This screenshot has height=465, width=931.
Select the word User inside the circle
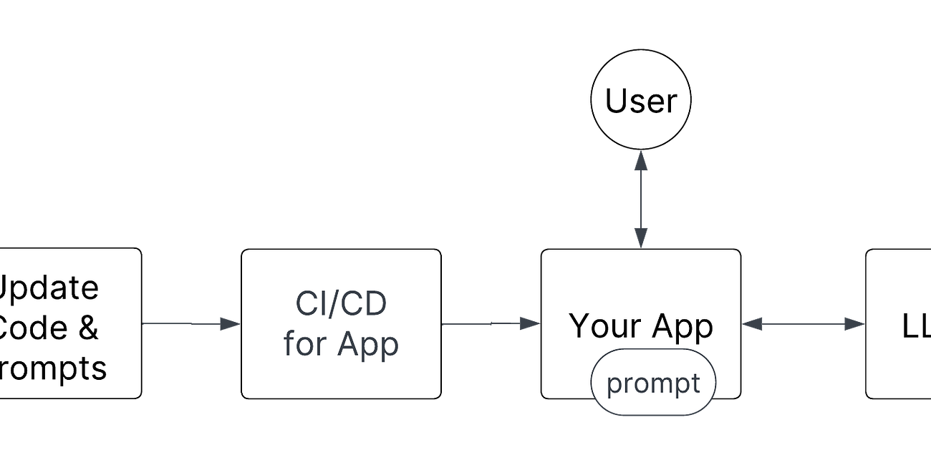coord(641,101)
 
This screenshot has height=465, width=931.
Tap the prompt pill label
coord(653,383)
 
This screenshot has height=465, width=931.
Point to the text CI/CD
coord(341,303)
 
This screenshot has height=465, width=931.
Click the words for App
coord(341,343)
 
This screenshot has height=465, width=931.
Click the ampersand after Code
coord(86,328)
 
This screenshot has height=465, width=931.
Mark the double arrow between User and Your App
coord(641,200)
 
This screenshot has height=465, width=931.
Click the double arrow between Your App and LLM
coord(803,325)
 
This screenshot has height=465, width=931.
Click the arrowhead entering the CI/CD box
coord(230,324)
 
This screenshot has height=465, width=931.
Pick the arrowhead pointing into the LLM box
coord(854,325)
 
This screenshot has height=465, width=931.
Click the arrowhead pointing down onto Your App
coord(641,238)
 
